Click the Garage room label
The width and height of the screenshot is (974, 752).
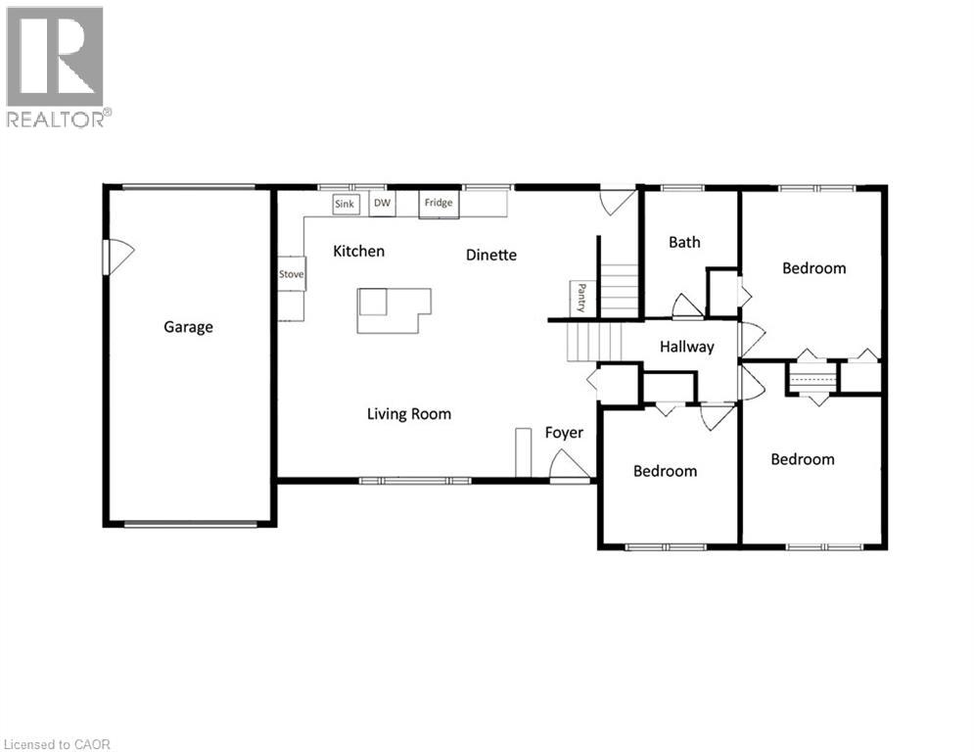[x=188, y=327]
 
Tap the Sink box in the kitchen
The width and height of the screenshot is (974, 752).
[x=345, y=204]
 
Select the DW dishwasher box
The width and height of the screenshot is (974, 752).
[x=382, y=203]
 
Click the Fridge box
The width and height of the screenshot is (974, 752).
[x=439, y=203]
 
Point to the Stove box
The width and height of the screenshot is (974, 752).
[x=292, y=274]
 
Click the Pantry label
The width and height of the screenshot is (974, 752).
[x=581, y=298]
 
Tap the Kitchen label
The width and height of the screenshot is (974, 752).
[x=358, y=252]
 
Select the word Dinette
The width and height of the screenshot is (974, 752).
[x=490, y=255]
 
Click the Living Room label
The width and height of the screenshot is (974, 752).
[x=409, y=414]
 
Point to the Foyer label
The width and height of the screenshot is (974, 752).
[x=564, y=432]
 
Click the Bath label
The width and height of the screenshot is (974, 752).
[x=684, y=242]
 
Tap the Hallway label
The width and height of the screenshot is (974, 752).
[x=686, y=347]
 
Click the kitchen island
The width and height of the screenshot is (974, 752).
[x=393, y=309]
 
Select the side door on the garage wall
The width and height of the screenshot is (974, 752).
[x=117, y=257]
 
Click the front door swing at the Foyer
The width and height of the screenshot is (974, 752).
[x=568, y=464]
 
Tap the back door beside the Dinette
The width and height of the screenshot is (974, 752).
[x=618, y=202]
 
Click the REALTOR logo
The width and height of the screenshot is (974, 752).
[x=56, y=67]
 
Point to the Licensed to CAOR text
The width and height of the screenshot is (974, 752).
[x=57, y=744]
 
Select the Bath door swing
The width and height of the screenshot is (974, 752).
[x=686, y=305]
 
